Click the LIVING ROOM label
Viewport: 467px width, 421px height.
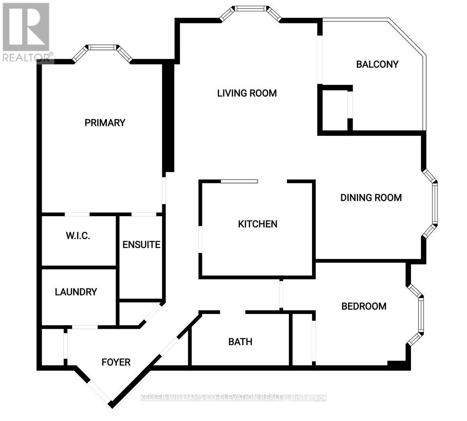(x=247, y=93)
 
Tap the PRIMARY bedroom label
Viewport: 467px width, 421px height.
(x=105, y=123)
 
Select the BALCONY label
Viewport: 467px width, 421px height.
(x=377, y=64)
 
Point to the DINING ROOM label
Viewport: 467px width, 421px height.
(x=371, y=197)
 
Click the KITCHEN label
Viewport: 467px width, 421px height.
(x=258, y=224)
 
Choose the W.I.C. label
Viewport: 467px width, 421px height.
(x=78, y=236)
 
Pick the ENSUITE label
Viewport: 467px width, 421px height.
(x=141, y=245)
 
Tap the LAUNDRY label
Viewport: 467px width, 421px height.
(x=76, y=292)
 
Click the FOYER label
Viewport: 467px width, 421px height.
(x=116, y=362)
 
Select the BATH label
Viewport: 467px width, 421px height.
(x=240, y=342)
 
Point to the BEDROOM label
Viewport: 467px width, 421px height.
(x=364, y=306)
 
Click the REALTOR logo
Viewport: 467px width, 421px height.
(x=26, y=32)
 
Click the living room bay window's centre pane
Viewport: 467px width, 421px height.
(x=250, y=9)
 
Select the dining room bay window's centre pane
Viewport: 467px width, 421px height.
(x=435, y=203)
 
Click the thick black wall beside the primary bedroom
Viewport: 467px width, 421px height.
(x=168, y=116)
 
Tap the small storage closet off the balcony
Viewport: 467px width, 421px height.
(x=335, y=110)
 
